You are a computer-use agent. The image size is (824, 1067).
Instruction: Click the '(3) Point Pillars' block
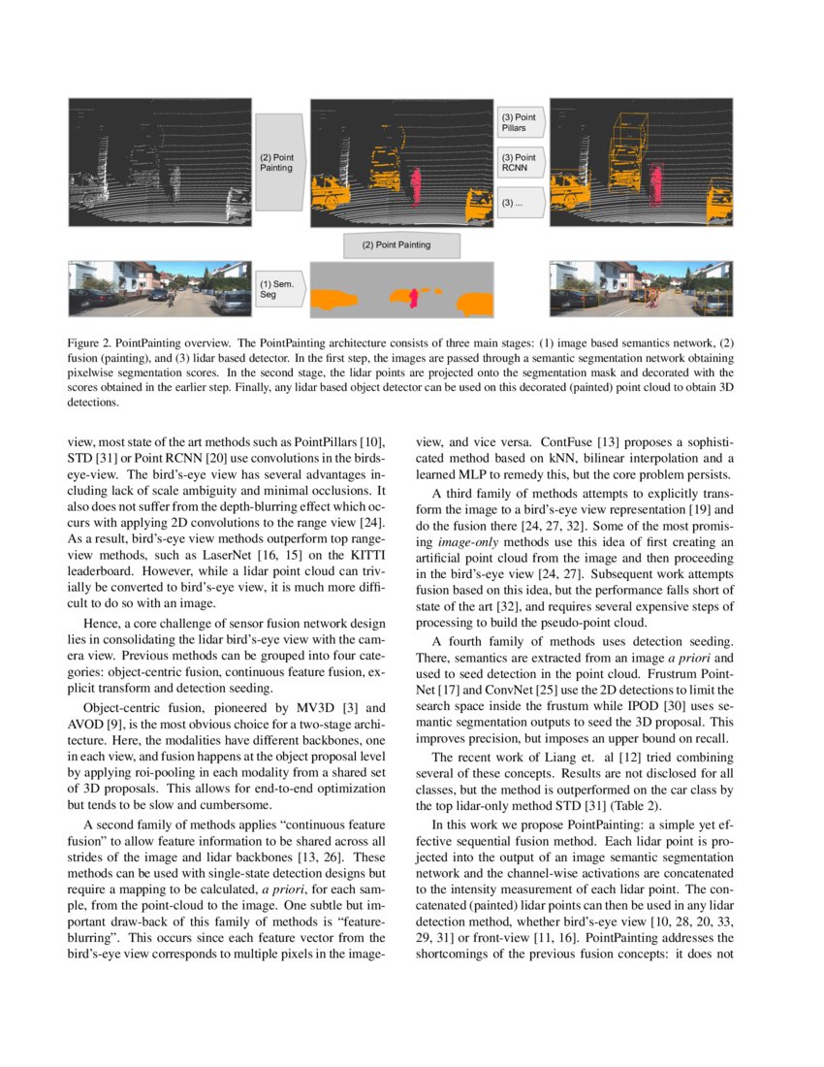pyautogui.click(x=521, y=122)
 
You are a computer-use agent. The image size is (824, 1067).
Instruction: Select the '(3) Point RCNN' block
pyautogui.click(x=521, y=162)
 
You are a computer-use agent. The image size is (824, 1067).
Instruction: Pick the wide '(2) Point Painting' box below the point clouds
pyautogui.click(x=401, y=244)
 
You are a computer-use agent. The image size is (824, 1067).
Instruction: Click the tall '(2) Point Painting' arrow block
pyautogui.click(x=279, y=162)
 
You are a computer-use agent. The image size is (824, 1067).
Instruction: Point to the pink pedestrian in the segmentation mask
pyautogui.click(x=414, y=296)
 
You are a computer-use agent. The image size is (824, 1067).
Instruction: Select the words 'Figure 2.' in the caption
pyautogui.click(x=90, y=343)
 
